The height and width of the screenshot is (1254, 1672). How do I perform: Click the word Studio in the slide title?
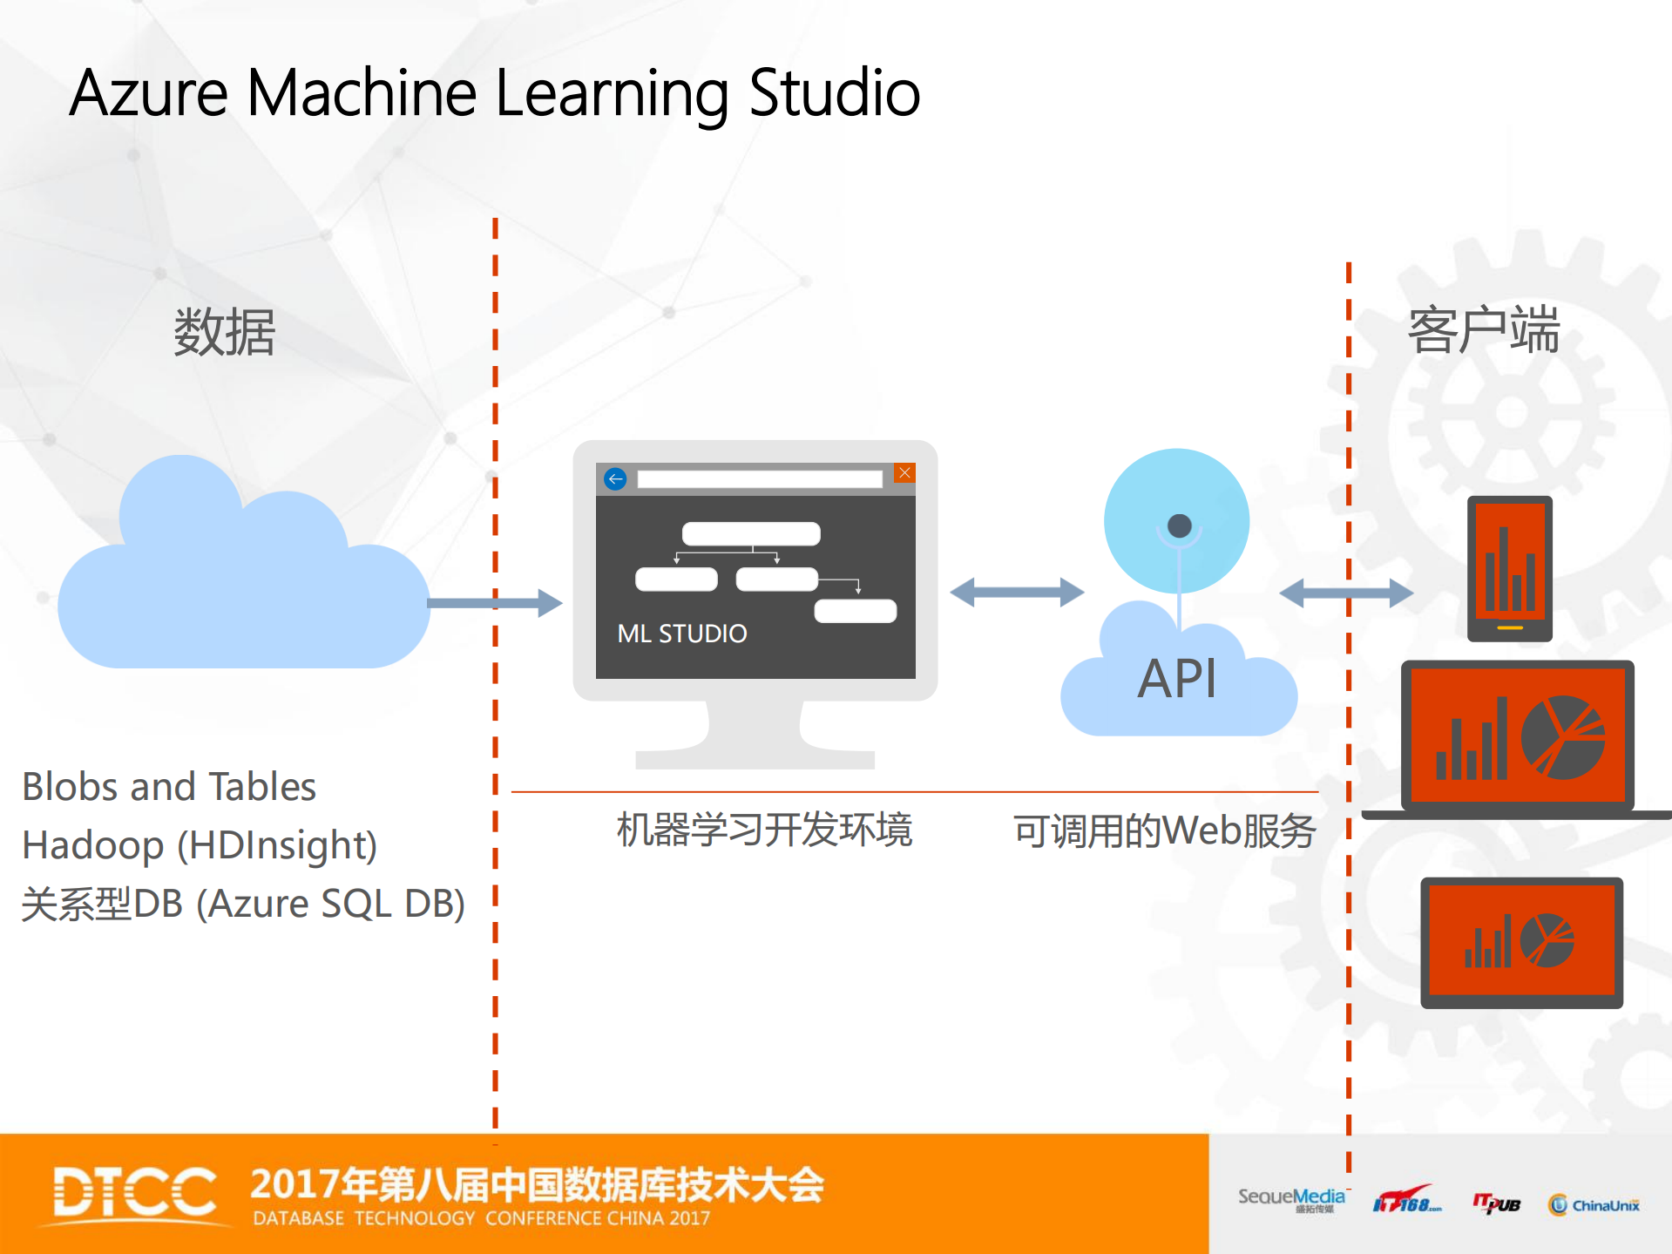tap(834, 93)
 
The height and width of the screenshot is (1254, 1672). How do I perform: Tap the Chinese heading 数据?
tap(224, 332)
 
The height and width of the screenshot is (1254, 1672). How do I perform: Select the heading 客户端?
tap(1483, 330)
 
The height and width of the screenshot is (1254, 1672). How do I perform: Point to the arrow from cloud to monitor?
tap(497, 602)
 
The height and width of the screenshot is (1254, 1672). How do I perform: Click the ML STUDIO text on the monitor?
tap(681, 634)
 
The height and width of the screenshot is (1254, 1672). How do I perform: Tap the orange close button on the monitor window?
tap(904, 473)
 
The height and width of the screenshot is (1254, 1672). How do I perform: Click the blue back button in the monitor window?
tap(615, 478)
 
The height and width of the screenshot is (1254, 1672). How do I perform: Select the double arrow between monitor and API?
tap(1017, 593)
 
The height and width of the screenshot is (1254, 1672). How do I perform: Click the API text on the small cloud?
tap(1176, 679)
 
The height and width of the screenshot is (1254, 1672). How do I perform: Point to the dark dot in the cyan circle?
tap(1179, 525)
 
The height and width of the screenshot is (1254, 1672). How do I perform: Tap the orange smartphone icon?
tap(1509, 568)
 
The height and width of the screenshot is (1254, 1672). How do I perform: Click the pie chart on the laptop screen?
tap(1563, 737)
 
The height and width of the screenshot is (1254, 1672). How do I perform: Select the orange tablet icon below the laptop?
tap(1521, 942)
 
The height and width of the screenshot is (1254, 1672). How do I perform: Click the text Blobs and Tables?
tap(169, 786)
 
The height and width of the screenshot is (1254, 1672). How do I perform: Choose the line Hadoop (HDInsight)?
tap(200, 845)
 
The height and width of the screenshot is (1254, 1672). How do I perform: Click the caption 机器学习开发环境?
tap(764, 830)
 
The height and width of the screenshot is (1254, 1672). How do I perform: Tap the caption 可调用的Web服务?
tap(1164, 830)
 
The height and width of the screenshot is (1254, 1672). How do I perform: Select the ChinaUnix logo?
tap(1594, 1205)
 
